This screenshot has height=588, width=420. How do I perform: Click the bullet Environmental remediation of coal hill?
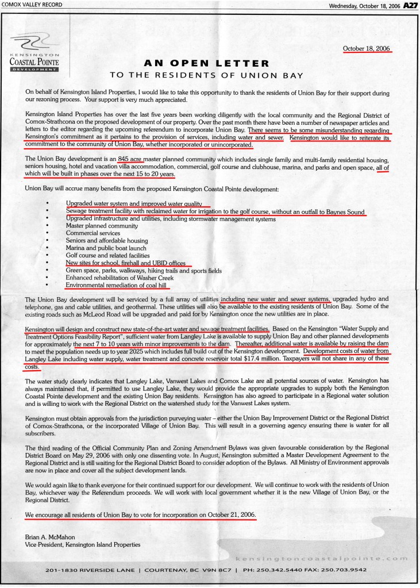click(x=118, y=285)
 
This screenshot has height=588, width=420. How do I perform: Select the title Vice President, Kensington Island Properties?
click(x=83, y=544)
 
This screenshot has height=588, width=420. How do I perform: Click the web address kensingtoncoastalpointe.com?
click(x=324, y=558)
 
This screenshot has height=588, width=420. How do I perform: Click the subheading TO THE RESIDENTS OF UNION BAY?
click(x=207, y=75)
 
